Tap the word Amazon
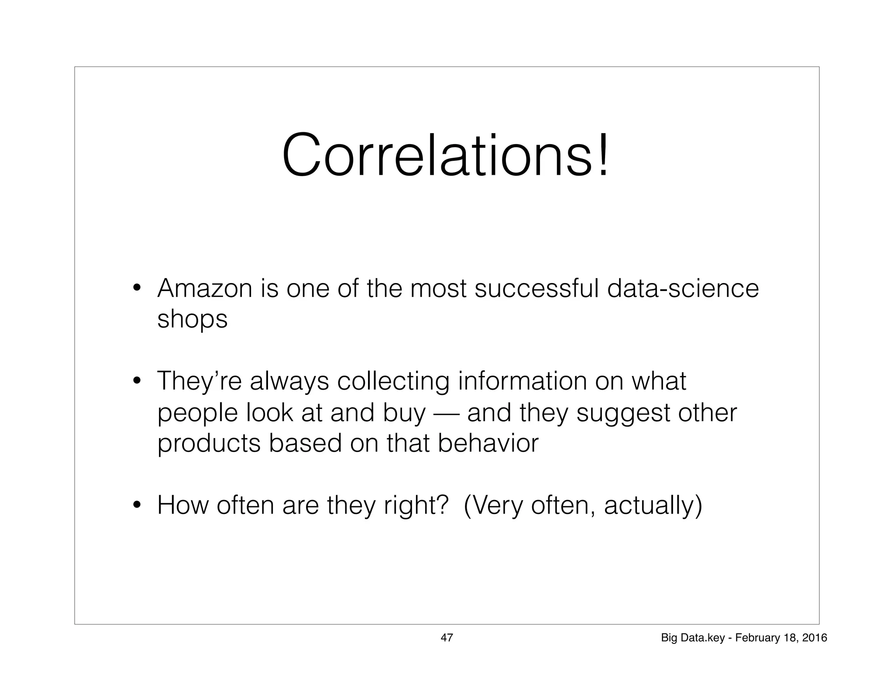pyautogui.click(x=205, y=289)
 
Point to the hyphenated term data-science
pyautogui.click(x=683, y=289)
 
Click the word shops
pyautogui.click(x=192, y=319)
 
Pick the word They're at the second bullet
pyautogui.click(x=199, y=381)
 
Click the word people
pyautogui.click(x=198, y=413)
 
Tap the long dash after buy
pyautogui.click(x=446, y=413)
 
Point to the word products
pyautogui.click(x=209, y=444)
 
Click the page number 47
pyautogui.click(x=447, y=638)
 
